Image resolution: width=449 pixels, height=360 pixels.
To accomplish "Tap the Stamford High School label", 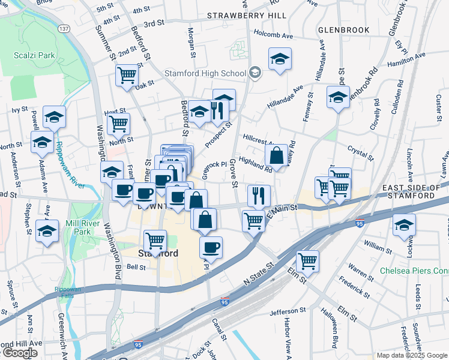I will click(x=205, y=74).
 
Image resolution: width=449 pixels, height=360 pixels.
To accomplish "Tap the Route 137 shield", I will click(x=64, y=28).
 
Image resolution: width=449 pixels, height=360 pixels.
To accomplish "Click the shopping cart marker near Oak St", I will click(x=127, y=76).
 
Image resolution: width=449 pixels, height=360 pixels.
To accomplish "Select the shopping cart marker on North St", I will click(x=118, y=124).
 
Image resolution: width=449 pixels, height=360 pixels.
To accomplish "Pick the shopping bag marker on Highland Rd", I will click(x=276, y=156).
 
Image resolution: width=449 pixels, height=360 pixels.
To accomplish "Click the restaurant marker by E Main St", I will click(x=259, y=195).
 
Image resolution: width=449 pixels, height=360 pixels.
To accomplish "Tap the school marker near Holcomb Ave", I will click(x=279, y=59).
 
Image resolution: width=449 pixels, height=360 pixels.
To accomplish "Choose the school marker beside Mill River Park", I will click(x=47, y=230).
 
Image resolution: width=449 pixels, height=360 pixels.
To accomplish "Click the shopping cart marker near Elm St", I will click(x=307, y=260).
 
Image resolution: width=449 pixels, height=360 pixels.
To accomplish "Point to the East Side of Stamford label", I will click(x=415, y=192).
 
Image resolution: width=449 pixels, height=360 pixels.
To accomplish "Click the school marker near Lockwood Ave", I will click(x=404, y=226).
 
